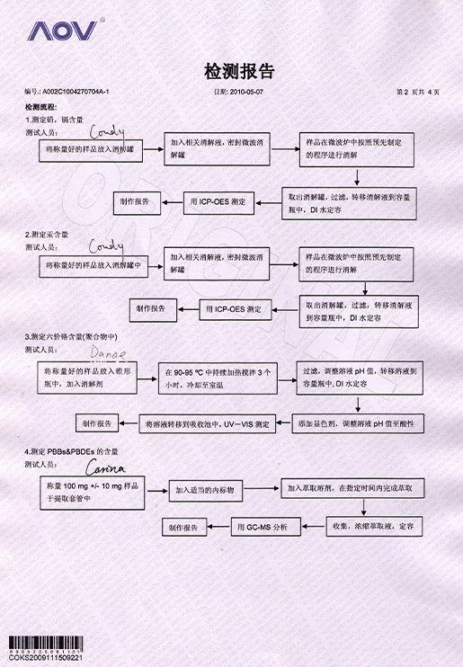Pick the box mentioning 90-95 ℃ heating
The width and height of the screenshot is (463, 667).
pos(217,376)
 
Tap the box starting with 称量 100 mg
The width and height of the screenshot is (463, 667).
pos(93,490)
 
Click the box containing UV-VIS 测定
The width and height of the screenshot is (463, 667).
pos(209,422)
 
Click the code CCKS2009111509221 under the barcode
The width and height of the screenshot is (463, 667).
pos(46,658)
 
